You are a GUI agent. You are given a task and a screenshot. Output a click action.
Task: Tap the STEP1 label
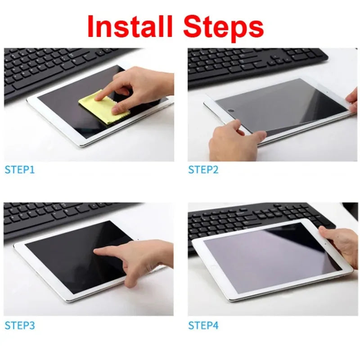pos(19,170)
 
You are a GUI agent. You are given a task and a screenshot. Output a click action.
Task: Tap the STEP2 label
pos(203,170)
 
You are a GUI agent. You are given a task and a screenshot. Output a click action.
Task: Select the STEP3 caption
pos(19,325)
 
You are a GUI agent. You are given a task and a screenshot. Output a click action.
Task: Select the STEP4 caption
pos(203,325)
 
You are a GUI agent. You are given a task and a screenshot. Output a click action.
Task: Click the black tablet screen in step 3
pos(67,256)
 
